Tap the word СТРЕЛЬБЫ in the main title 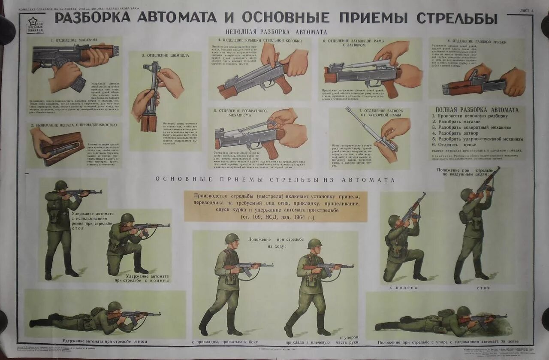pyautogui.click(x=457, y=18)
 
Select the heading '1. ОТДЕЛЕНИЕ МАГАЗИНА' pyautogui.click(x=74, y=40)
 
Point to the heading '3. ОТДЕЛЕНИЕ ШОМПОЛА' pyautogui.click(x=165, y=55)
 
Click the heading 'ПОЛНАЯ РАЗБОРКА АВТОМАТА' pyautogui.click(x=477, y=110)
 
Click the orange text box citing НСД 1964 pyautogui.click(x=275, y=206)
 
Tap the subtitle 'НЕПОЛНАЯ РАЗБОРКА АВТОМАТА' pyautogui.click(x=276, y=32)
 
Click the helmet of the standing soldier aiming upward pyautogui.click(x=466, y=194)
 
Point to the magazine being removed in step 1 pyautogui.click(x=78, y=83)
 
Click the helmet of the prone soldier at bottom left pyautogui.click(x=114, y=306)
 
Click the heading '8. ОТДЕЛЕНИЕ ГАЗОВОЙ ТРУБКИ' pyautogui.click(x=477, y=42)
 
